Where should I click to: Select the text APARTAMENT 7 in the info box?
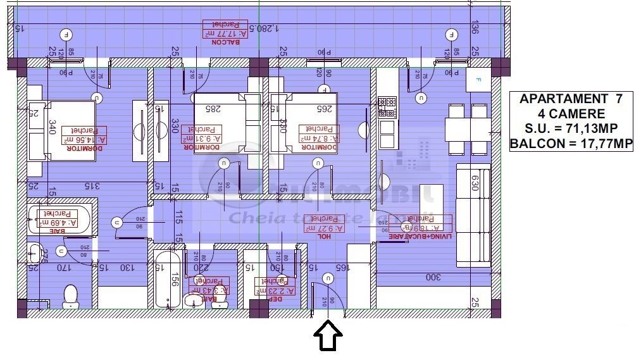click(571, 99)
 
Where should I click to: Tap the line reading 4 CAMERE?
click(571, 115)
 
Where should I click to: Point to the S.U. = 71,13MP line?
click(571, 129)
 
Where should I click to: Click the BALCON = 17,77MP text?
click(571, 144)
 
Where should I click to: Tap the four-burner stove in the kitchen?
click(387, 107)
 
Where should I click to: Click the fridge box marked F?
click(478, 80)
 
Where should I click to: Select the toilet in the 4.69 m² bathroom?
click(71, 295)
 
